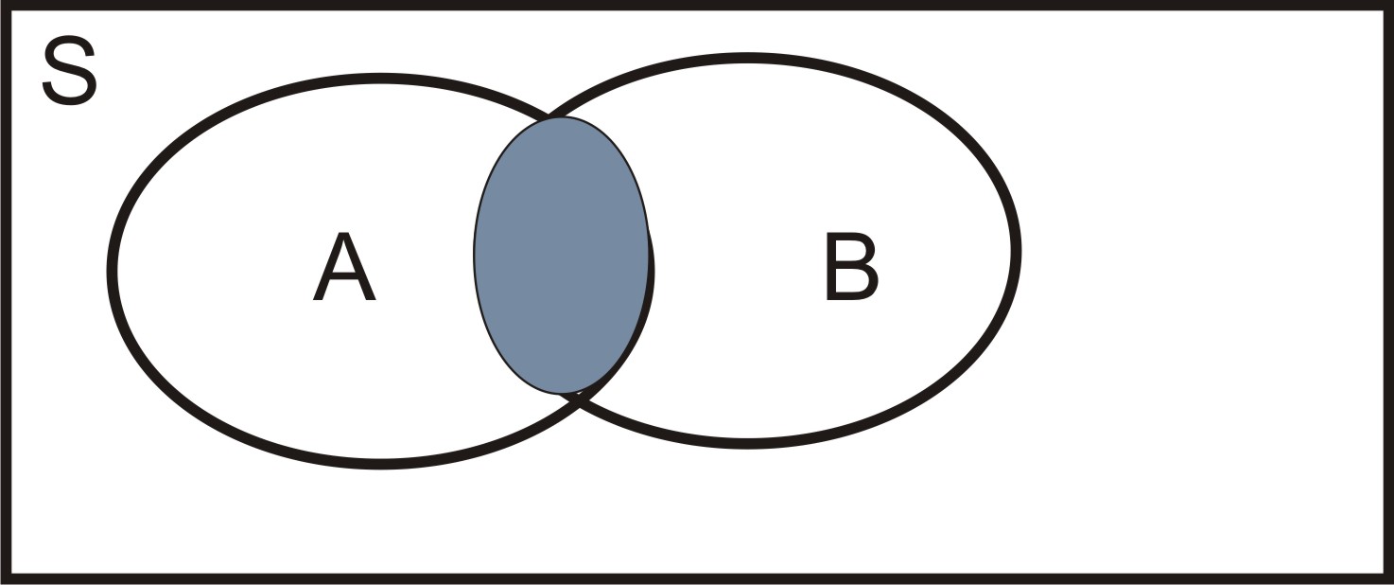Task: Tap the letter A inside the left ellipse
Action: click(344, 269)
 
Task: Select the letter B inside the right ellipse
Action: click(851, 268)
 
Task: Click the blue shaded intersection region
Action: click(562, 254)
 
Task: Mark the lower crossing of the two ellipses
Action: click(574, 400)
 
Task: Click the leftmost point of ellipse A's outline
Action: click(113, 269)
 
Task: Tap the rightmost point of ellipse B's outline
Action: click(1017, 251)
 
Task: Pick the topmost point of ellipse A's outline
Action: click(381, 78)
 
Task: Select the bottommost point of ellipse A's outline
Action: click(383, 463)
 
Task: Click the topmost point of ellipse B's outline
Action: click(747, 58)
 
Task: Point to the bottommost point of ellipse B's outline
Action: click(747, 442)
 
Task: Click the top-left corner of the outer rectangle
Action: click(6, 6)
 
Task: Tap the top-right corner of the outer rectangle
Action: click(1388, 6)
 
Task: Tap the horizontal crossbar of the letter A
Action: click(344, 281)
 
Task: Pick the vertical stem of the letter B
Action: click(831, 268)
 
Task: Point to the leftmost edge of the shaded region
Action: click(475, 254)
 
